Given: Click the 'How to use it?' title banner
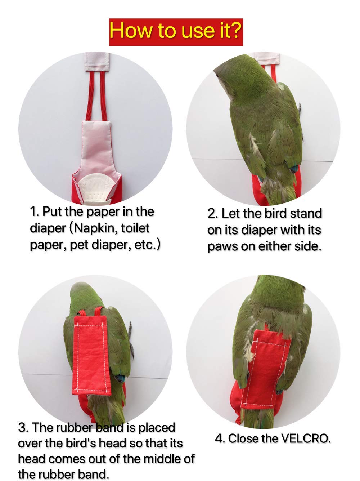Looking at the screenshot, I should pyautogui.click(x=176, y=31).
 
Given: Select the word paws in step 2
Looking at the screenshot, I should pyautogui.click(x=222, y=247).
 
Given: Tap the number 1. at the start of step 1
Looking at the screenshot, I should pyautogui.click(x=35, y=212).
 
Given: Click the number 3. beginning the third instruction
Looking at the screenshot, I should pyautogui.click(x=24, y=428).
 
